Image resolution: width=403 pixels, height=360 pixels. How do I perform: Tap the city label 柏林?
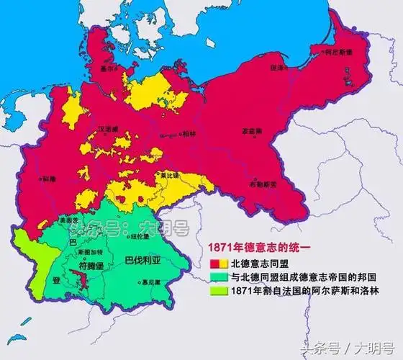(189, 134)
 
